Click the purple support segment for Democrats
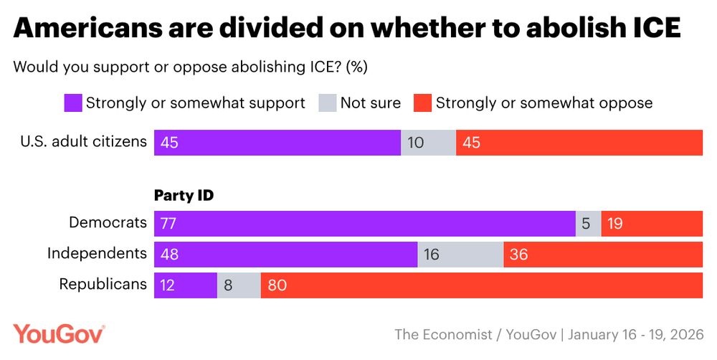[365, 224]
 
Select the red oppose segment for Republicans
[482, 285]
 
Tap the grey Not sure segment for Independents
[460, 255]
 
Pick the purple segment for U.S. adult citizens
[277, 143]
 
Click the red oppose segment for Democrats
[652, 224]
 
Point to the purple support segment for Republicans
[186, 285]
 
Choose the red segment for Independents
[603, 255]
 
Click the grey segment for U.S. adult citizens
[428, 143]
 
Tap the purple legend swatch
[72, 103]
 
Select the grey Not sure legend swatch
[327, 103]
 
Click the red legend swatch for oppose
[422, 103]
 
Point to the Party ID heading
[184, 194]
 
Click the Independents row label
[97, 253]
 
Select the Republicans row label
[103, 284]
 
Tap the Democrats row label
[108, 222]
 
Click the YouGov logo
[59, 334]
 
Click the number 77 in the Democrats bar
[169, 224]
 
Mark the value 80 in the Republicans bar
[277, 285]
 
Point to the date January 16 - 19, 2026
[638, 335]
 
